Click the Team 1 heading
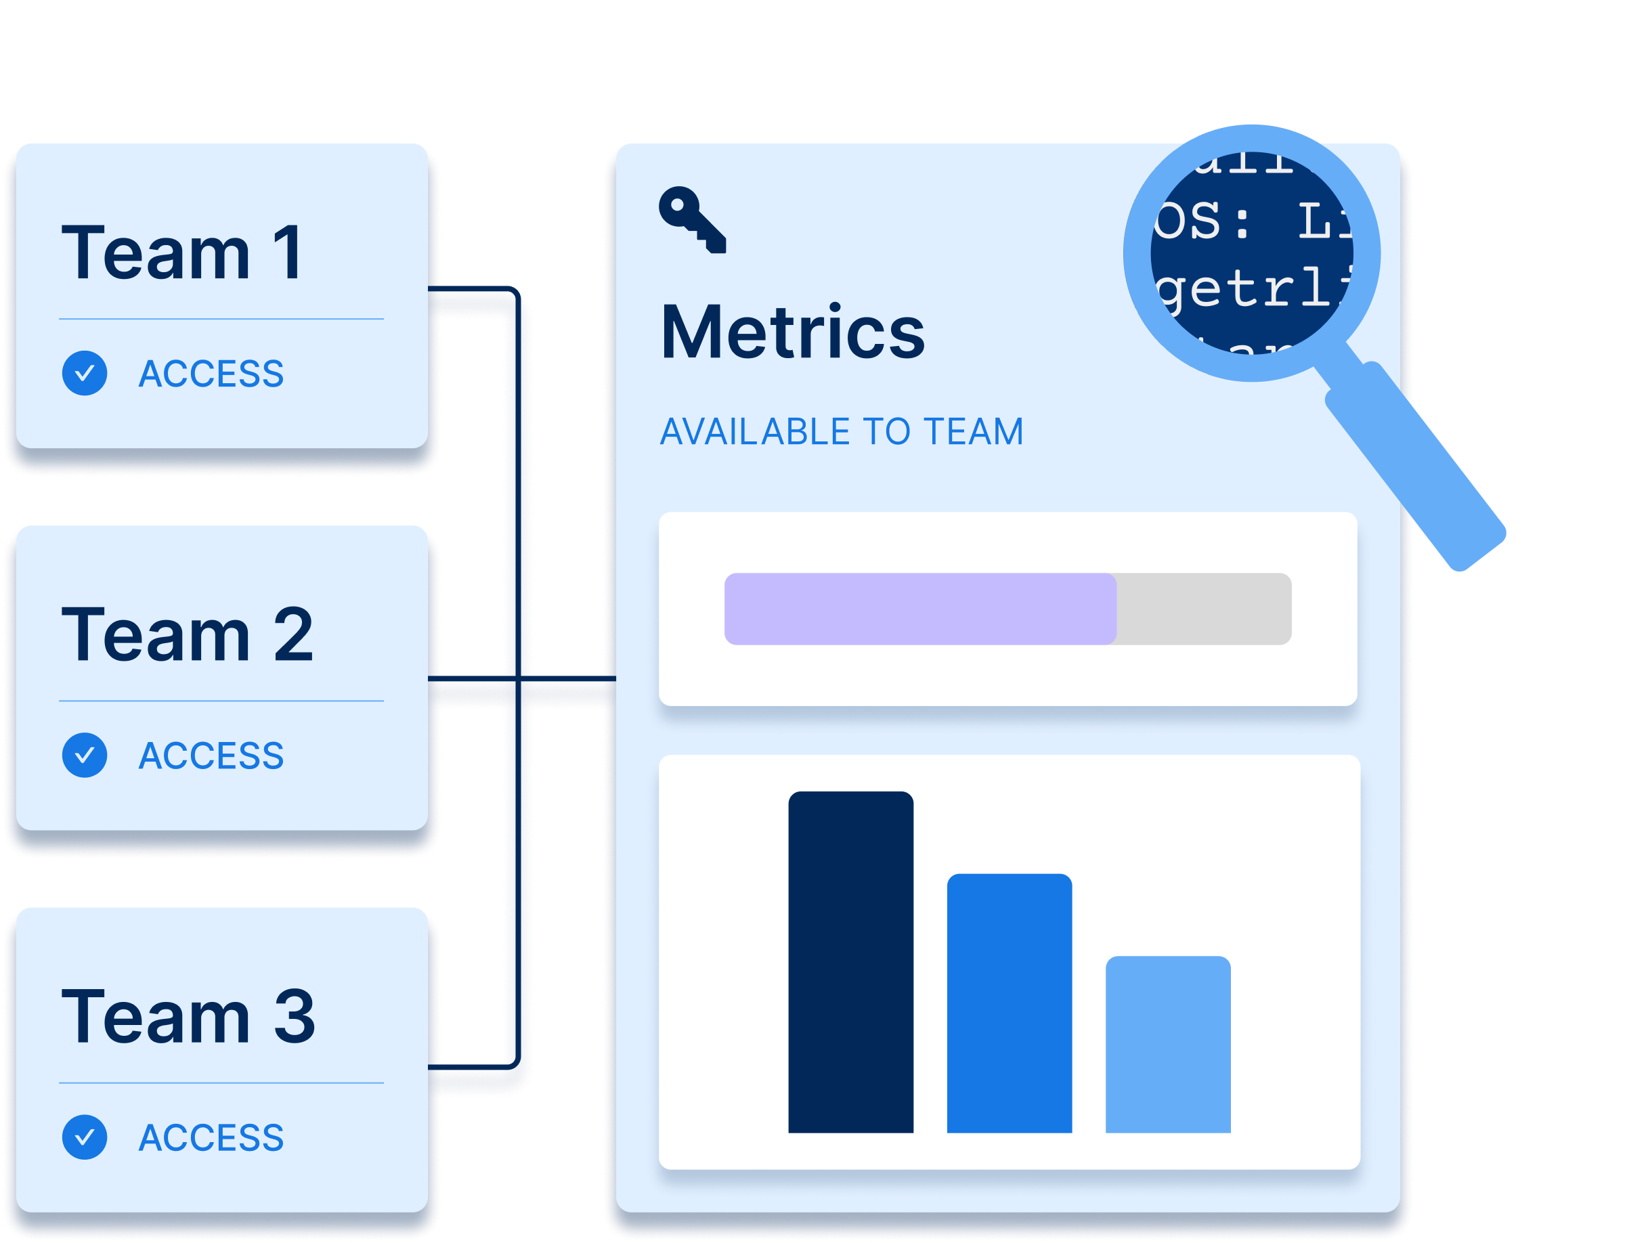[182, 253]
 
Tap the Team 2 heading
[187, 635]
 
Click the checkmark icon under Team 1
[85, 373]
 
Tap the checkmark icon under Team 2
[85, 756]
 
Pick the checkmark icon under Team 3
[85, 1137]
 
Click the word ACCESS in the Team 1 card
[211, 374]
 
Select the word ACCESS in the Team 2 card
[211, 756]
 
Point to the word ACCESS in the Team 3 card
[211, 1138]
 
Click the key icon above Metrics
[692, 220]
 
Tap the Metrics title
[792, 332]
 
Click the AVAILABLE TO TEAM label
[841, 432]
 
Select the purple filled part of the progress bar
[919, 609]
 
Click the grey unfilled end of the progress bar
[1204, 609]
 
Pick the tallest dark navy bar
[851, 962]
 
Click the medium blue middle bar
[1010, 1003]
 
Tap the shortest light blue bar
[1167, 1044]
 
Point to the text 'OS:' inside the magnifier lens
[1202, 221]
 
